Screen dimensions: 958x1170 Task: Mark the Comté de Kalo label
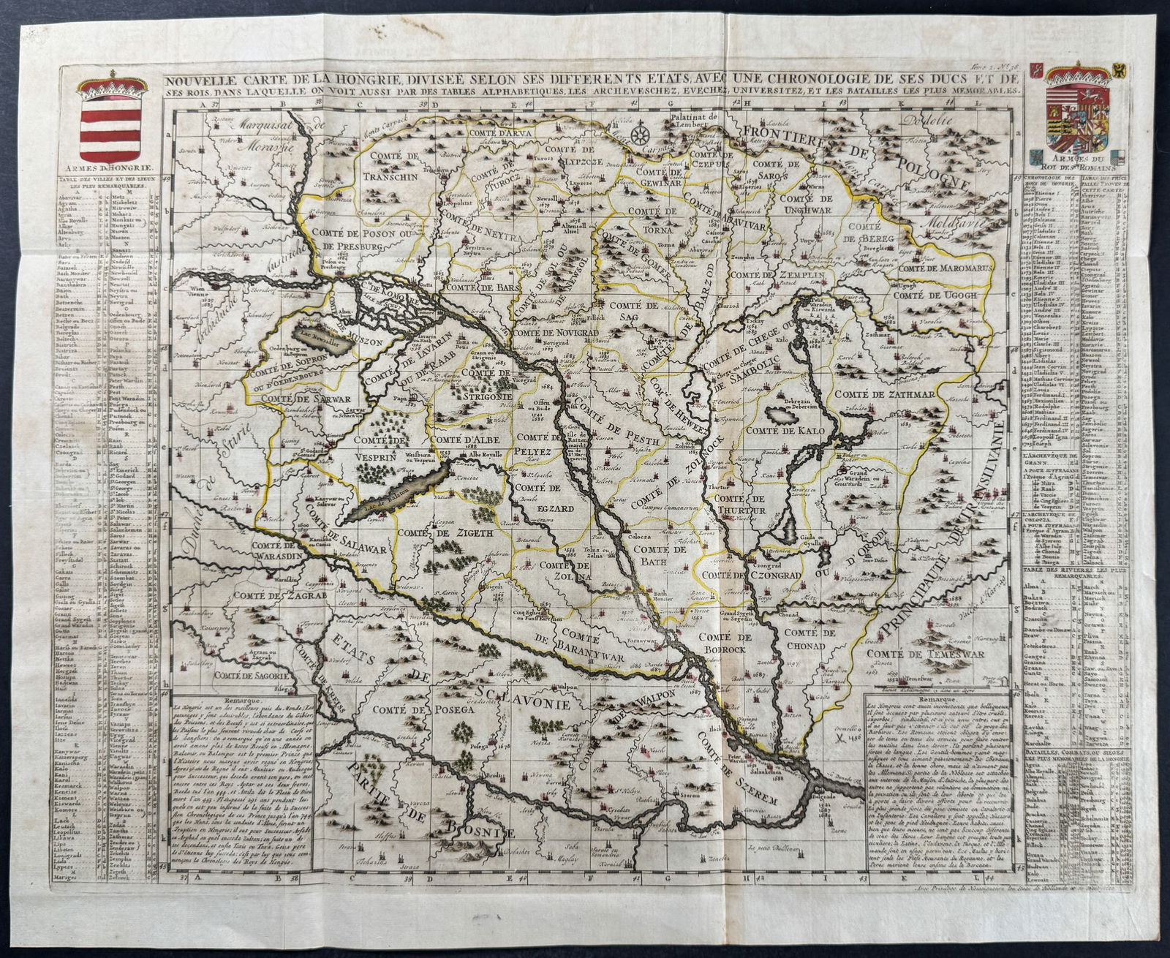[x=795, y=430]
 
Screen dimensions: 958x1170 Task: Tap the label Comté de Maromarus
[x=943, y=268]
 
